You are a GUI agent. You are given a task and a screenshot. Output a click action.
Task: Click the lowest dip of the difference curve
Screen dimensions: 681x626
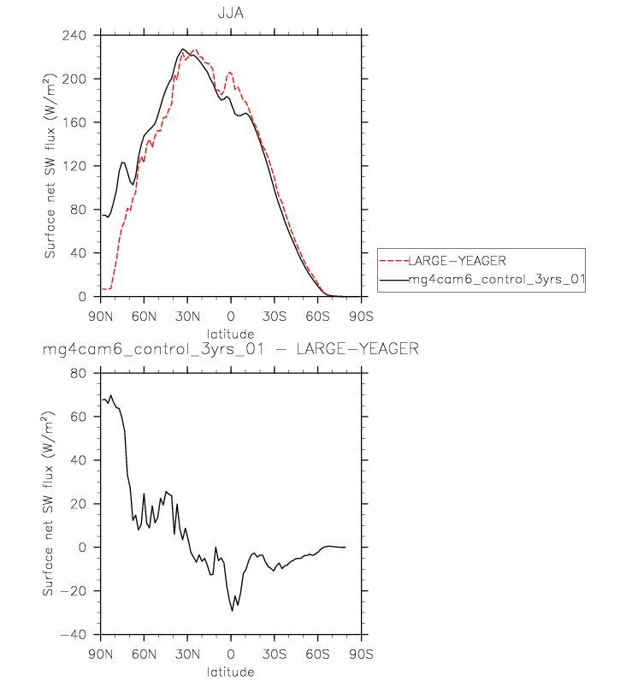(x=232, y=610)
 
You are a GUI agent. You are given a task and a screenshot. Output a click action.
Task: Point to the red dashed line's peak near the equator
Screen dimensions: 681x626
(x=230, y=73)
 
